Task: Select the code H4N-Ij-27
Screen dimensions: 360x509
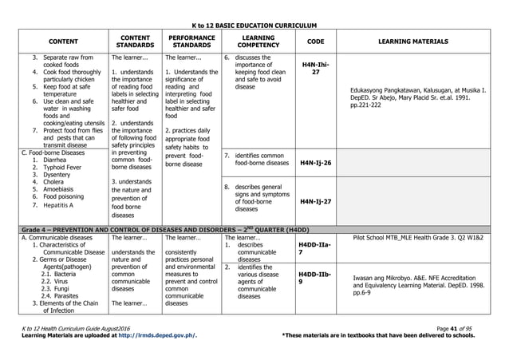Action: click(315, 202)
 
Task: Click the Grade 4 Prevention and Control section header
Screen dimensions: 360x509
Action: click(171, 229)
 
